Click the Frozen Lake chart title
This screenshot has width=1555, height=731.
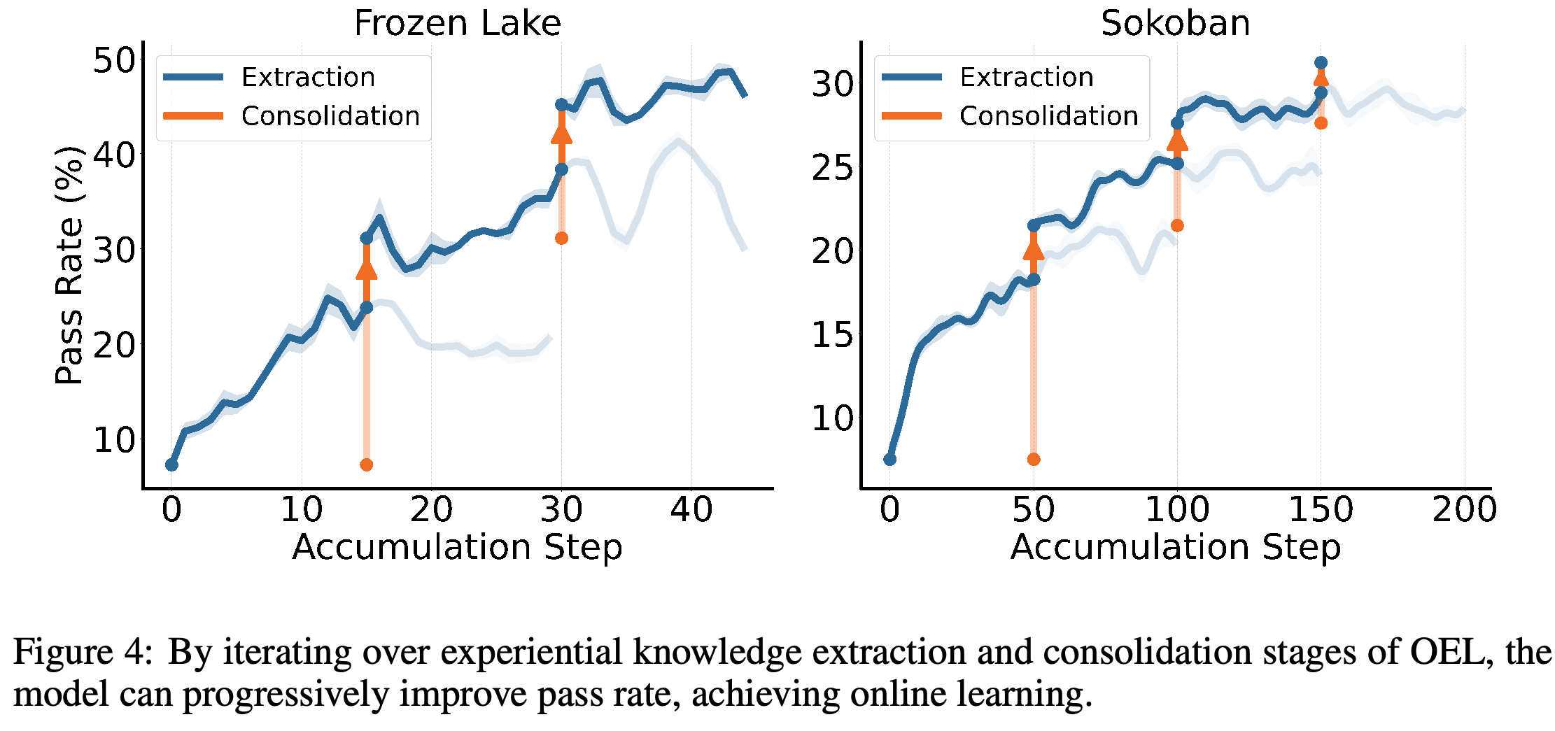click(457, 23)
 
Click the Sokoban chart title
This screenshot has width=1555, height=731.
click(1175, 23)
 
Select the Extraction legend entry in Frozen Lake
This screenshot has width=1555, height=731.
click(269, 77)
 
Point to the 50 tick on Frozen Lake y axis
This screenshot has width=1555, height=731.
click(114, 60)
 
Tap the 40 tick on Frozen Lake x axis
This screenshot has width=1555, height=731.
click(691, 509)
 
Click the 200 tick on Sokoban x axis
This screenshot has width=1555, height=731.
click(1464, 509)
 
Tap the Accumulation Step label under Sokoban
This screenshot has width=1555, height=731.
click(1175, 546)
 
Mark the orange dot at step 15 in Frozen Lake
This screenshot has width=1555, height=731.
click(366, 464)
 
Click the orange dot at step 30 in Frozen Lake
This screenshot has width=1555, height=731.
click(561, 239)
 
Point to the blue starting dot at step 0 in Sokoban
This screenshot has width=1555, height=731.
click(889, 459)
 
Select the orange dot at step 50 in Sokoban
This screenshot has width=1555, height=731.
click(1034, 459)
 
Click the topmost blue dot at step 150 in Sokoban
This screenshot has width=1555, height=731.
click(1321, 63)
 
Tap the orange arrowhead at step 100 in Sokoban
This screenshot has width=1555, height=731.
click(1177, 141)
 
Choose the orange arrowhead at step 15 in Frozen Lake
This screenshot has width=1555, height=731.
click(366, 269)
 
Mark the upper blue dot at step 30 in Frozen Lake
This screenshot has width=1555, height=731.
click(561, 105)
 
